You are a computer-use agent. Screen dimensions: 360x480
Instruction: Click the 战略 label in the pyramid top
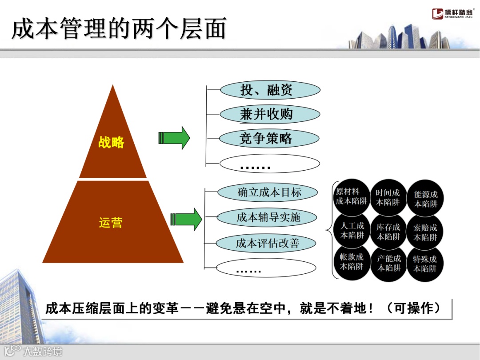111,143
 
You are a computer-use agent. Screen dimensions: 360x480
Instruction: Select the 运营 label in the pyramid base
111,222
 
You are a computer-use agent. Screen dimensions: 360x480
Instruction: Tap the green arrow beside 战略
174,138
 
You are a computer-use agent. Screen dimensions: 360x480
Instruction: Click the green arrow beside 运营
186,219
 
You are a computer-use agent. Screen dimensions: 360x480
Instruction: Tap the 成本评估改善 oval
267,243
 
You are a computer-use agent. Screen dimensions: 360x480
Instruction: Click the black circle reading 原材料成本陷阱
352,196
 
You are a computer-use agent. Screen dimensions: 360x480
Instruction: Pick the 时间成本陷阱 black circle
388,197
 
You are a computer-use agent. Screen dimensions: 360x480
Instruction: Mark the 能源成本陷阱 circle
425,199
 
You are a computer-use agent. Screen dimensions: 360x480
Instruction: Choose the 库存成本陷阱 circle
388,232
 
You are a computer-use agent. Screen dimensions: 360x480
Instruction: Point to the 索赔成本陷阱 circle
425,232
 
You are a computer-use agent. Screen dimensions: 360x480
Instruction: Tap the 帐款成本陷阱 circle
352,262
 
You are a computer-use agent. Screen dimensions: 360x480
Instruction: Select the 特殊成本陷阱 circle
425,264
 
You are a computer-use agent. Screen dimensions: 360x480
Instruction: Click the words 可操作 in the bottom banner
414,308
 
